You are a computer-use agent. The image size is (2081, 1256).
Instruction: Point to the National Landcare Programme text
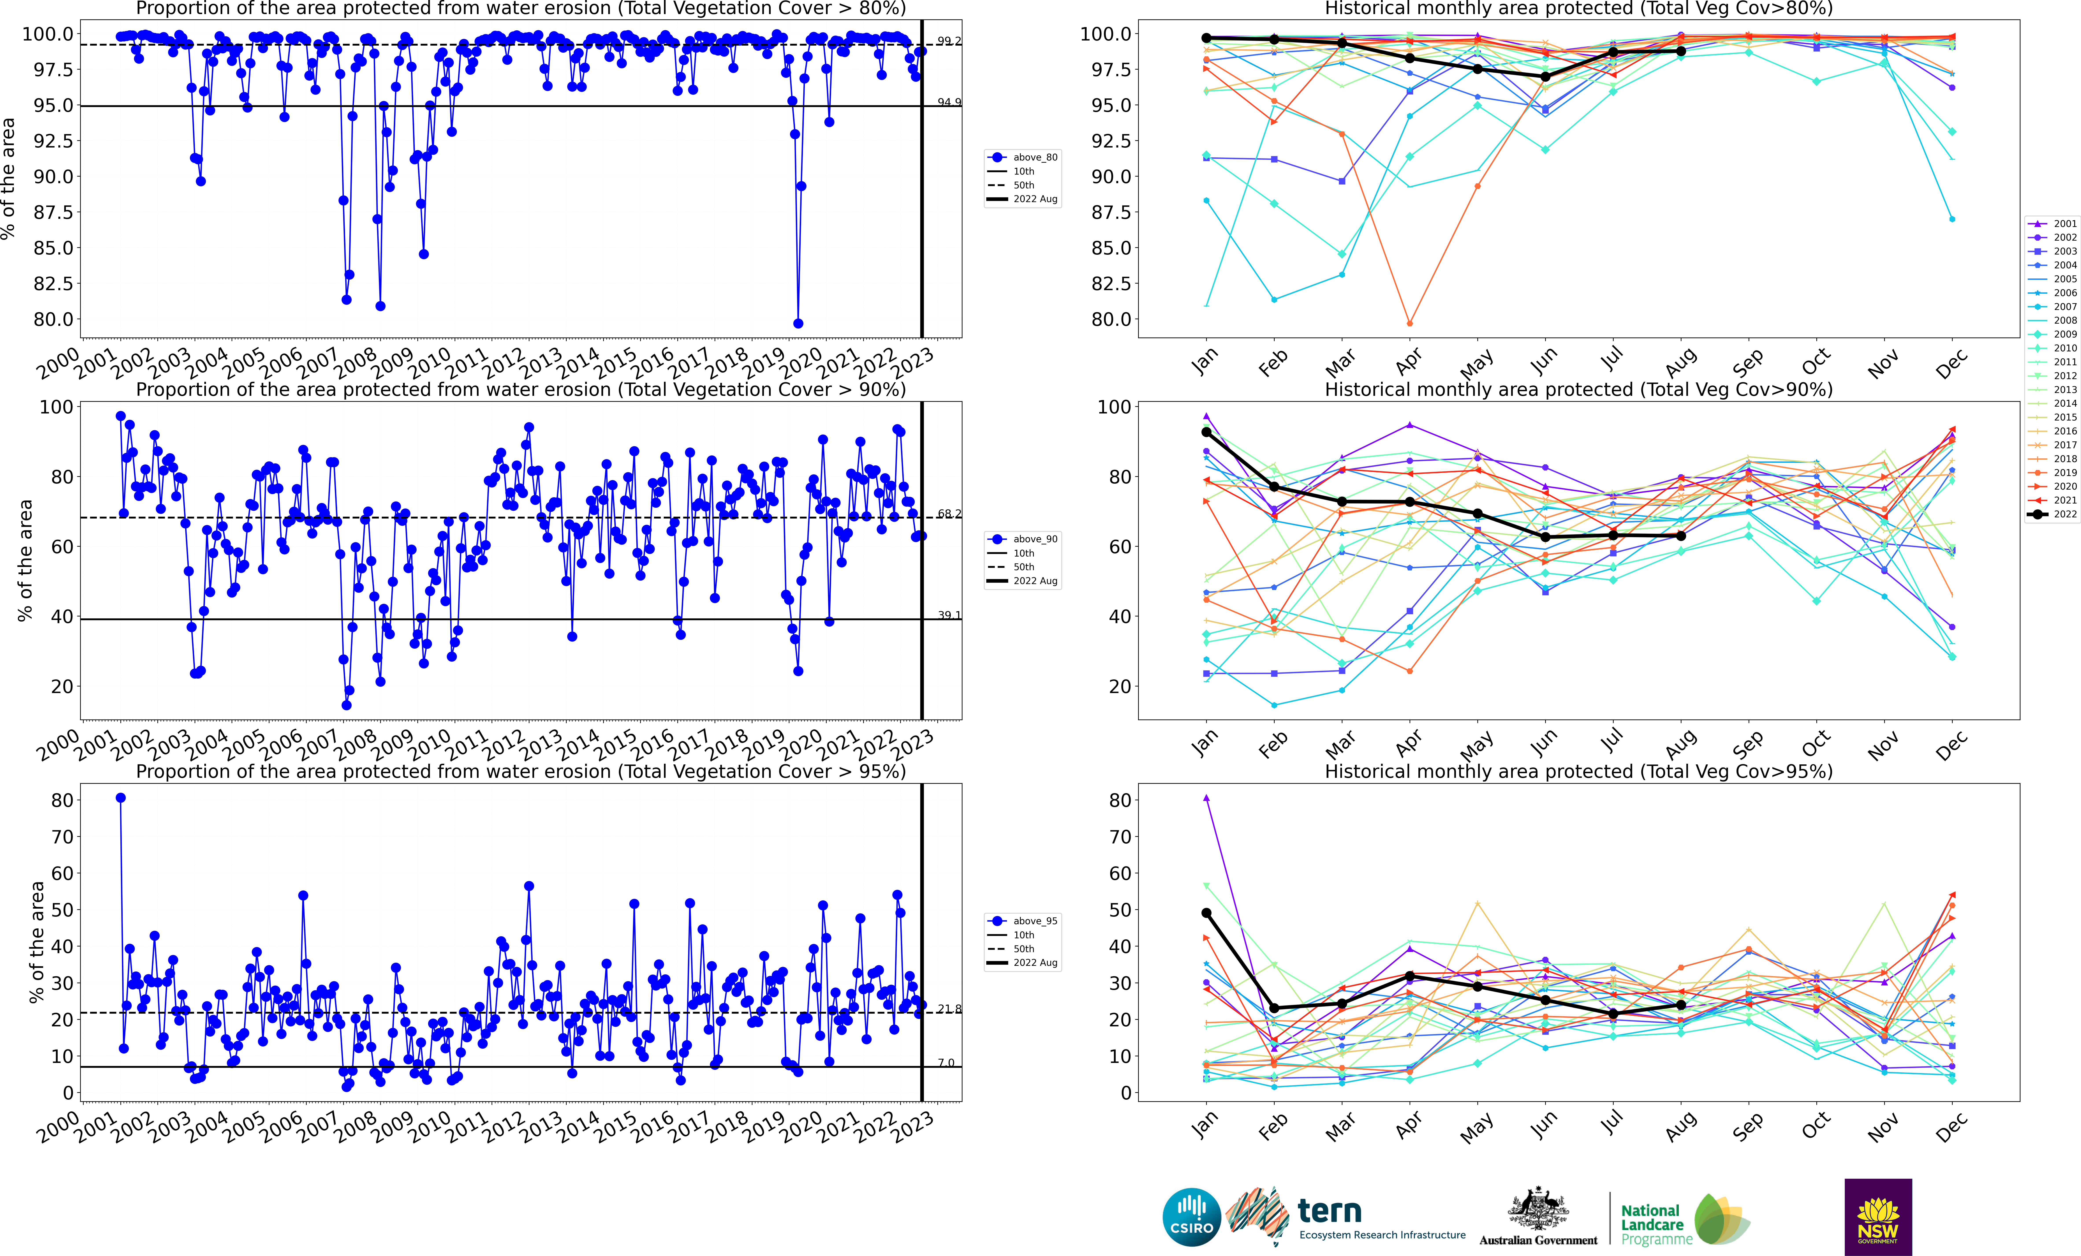(1655, 1225)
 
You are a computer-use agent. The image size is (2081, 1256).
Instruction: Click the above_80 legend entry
(1024, 157)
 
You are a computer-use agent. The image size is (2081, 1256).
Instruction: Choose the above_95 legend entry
(1024, 921)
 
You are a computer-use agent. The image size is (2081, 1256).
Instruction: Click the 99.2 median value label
(948, 41)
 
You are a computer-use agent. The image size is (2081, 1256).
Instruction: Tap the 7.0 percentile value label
(946, 1062)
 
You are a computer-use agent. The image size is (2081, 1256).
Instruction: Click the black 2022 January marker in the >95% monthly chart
(1206, 913)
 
